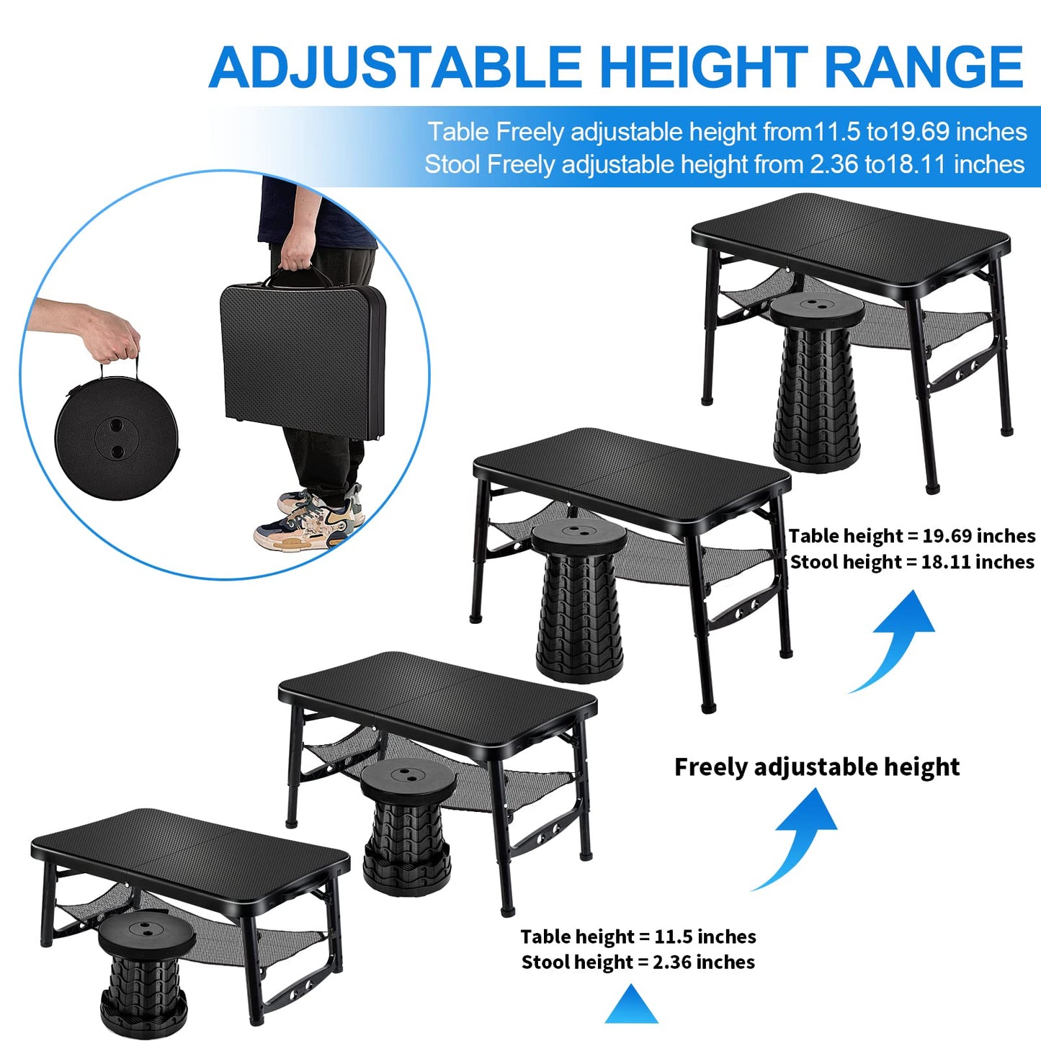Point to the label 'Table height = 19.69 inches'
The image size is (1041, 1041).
click(911, 536)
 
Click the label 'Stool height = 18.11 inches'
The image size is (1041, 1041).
click(911, 562)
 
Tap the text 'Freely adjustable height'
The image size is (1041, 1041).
click(816, 767)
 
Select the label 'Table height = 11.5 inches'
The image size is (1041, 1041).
click(638, 937)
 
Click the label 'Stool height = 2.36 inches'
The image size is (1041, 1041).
click(638, 962)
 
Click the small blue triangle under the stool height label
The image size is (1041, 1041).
click(631, 1007)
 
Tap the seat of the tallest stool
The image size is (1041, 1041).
click(816, 308)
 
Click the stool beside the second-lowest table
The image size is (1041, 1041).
click(408, 825)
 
